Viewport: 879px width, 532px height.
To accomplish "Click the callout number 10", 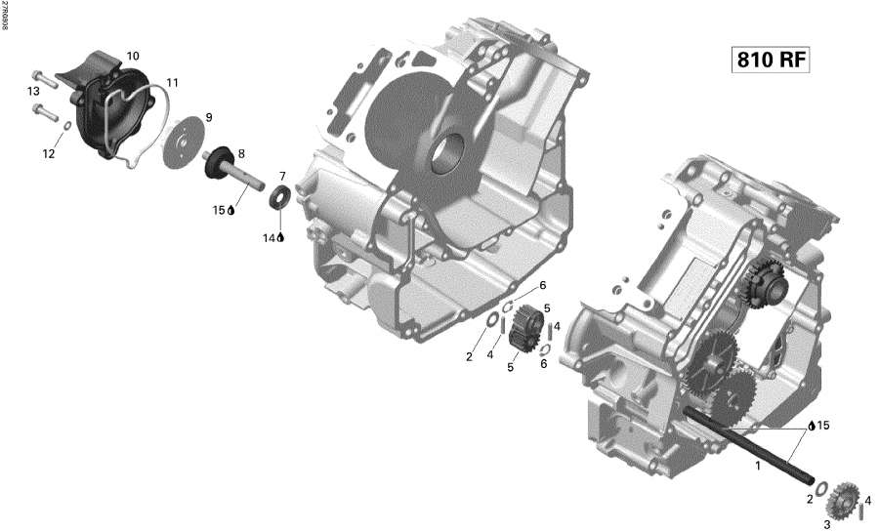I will click(133, 56).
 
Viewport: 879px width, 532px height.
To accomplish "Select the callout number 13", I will click(32, 91).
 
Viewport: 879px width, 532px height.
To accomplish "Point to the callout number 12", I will click(48, 152).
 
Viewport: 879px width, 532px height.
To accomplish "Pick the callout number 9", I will click(208, 118).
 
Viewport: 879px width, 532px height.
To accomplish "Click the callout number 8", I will click(240, 153).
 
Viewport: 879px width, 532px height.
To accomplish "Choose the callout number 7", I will click(281, 176).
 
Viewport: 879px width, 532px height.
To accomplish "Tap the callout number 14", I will click(270, 237).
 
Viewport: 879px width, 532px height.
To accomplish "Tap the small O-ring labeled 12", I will click(65, 126).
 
